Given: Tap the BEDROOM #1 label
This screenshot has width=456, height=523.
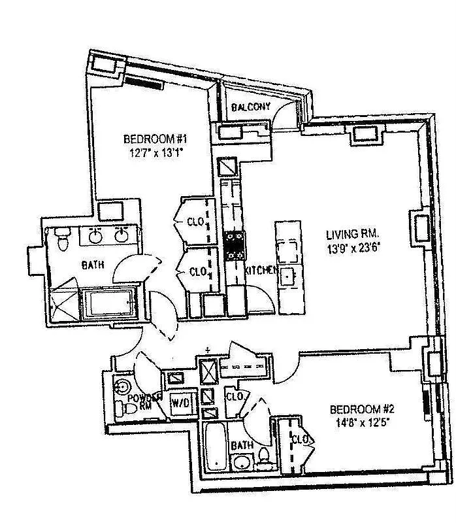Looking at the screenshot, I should pos(156,139).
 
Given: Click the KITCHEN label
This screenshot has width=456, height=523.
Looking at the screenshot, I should pos(261,271).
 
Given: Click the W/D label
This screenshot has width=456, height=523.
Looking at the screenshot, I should pos(180,403).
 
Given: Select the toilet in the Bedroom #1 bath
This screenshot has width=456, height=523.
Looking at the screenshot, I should pos(62,239).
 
